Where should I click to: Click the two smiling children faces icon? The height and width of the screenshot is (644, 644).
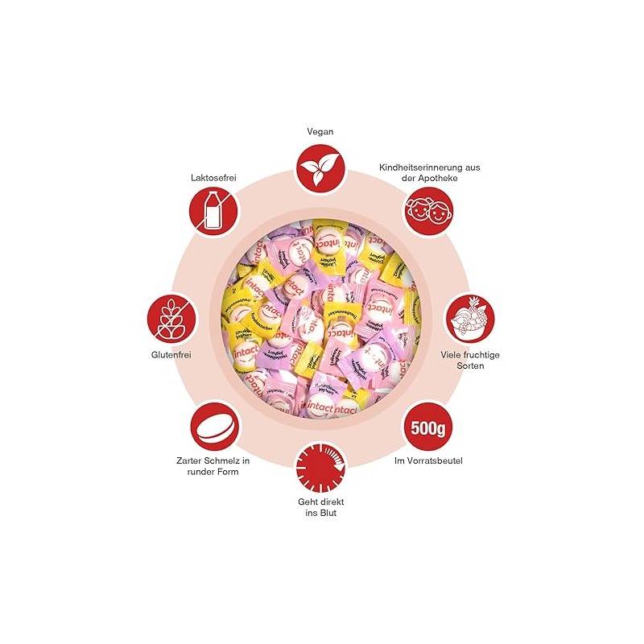pyautogui.click(x=427, y=210)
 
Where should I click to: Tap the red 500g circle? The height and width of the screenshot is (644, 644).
pyautogui.click(x=428, y=426)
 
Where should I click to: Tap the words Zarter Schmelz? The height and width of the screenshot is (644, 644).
pyautogui.click(x=213, y=461)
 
